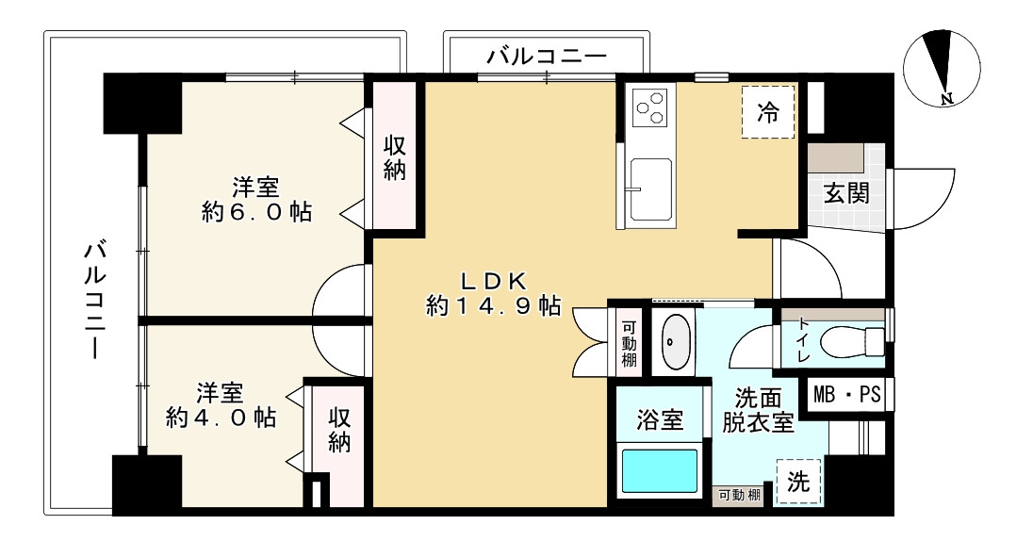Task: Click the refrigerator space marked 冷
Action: tap(768, 112)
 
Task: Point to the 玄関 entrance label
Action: tap(846, 194)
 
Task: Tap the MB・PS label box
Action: tap(845, 395)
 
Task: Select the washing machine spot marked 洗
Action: tap(797, 483)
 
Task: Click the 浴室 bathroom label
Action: tap(660, 420)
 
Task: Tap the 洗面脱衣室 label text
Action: tap(758, 410)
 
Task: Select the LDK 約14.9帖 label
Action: tap(494, 293)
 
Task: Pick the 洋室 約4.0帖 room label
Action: tap(221, 404)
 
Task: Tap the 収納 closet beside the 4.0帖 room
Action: tap(339, 430)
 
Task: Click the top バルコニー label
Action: tap(546, 57)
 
